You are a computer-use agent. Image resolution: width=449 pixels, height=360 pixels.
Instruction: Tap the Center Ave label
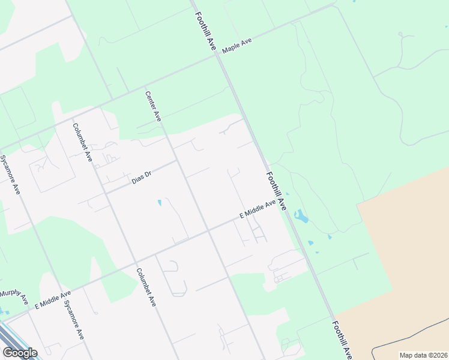[153, 106]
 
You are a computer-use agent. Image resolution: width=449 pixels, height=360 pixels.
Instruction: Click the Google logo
[20, 353]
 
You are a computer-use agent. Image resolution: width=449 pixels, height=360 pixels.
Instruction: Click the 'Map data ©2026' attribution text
[423, 355]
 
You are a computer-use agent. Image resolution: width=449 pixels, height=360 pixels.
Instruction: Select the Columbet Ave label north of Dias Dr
[82, 142]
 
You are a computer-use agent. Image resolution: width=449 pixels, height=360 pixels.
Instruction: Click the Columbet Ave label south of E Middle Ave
[146, 287]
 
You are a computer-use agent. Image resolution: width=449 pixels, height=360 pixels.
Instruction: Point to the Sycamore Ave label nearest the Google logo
[74, 320]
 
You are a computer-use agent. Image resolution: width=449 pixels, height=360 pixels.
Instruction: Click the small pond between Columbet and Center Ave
[159, 203]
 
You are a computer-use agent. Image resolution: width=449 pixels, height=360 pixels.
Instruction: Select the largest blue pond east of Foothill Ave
[301, 217]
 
